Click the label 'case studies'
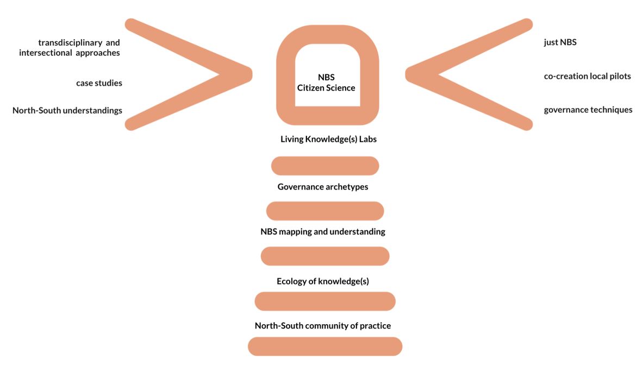(99, 83)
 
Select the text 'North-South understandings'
(67, 111)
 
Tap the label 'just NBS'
(560, 42)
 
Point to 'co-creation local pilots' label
(587, 76)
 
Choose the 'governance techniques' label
(588, 110)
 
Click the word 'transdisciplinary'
(69, 42)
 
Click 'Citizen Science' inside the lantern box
(326, 87)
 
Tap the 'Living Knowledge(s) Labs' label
(328, 139)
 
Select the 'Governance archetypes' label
(323, 187)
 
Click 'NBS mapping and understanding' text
(323, 232)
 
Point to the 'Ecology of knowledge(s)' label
(323, 281)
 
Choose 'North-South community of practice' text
(323, 326)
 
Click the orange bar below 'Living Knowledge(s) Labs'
(325, 166)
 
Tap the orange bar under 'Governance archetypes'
(325, 211)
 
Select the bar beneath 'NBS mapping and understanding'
(325, 256)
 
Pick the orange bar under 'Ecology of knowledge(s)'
(325, 301)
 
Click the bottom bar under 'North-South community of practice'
(325, 346)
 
